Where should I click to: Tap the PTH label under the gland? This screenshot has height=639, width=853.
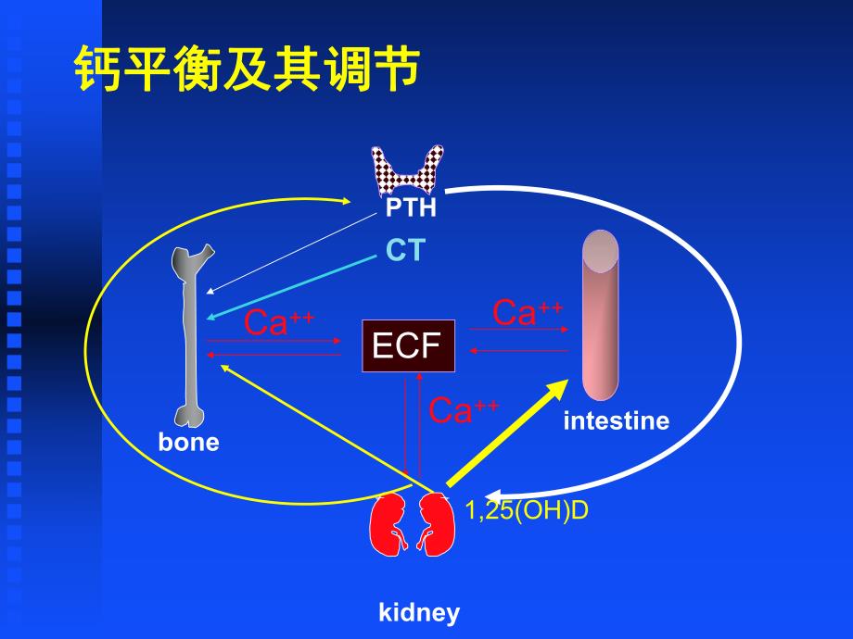click(x=411, y=207)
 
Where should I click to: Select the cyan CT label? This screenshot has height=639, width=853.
click(x=404, y=250)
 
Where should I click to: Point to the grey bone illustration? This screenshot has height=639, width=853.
click(x=191, y=333)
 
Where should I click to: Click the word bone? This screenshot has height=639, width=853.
click(x=188, y=442)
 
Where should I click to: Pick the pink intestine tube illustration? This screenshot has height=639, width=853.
click(x=600, y=315)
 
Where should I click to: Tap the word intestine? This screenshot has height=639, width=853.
click(x=616, y=420)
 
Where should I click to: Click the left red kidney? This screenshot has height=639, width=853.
click(x=390, y=524)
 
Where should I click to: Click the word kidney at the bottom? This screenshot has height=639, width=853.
click(x=419, y=612)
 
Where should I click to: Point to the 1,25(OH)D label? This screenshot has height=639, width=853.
click(x=527, y=510)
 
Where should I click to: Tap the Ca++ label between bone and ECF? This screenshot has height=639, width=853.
click(x=279, y=322)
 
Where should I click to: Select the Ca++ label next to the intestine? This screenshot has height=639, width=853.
click(x=528, y=312)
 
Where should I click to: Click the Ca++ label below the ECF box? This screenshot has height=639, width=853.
click(x=465, y=409)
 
